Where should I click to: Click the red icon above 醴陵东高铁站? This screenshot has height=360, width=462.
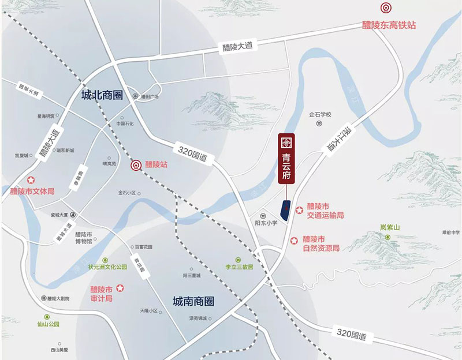[385, 8]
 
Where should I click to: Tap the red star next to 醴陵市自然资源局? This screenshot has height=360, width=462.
[294, 239]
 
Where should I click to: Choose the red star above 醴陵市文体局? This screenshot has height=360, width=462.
[32, 180]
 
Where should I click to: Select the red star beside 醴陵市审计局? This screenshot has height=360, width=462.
[120, 288]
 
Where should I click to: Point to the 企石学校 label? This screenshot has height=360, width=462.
[321, 115]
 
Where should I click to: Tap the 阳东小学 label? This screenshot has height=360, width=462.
[266, 222]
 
